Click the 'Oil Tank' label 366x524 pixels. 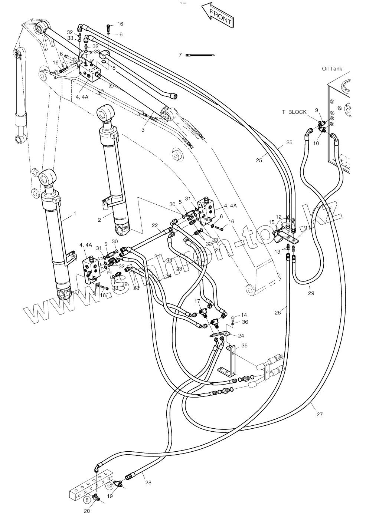click(332, 69)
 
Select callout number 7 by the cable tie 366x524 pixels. click(180, 55)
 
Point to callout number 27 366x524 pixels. click(319, 414)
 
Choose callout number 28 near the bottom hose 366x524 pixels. click(148, 482)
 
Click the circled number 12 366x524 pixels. click(109, 485)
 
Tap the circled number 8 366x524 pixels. click(87, 500)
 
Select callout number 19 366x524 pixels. click(110, 496)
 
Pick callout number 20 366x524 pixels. click(87, 511)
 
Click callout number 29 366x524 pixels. click(311, 293)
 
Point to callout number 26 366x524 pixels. click(278, 312)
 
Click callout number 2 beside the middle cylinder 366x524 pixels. click(99, 220)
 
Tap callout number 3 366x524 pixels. click(143, 129)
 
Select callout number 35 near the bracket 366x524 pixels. click(244, 346)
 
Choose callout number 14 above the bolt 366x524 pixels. click(244, 315)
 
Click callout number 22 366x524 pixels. click(155, 225)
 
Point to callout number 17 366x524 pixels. click(197, 301)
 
